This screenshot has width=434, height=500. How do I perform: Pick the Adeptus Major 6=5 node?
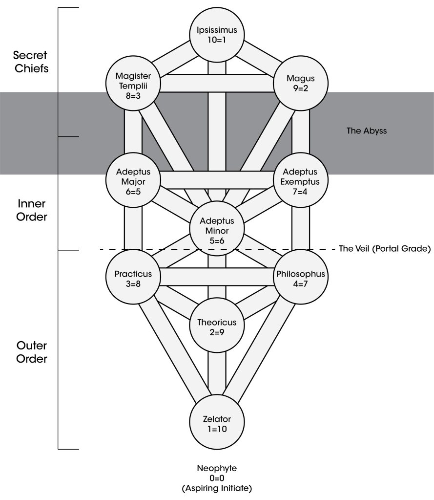[133, 179]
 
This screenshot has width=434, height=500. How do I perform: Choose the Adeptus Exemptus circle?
[301, 179]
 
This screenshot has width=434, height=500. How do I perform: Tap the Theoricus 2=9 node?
[217, 325]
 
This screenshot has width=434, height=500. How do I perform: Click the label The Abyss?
[366, 131]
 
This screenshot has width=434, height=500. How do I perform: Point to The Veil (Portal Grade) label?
[384, 249]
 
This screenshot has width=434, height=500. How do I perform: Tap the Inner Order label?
[32, 210]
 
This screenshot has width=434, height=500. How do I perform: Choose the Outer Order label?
[32, 352]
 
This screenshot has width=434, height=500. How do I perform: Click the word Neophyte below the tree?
[217, 468]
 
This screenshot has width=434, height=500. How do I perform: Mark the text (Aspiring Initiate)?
[217, 488]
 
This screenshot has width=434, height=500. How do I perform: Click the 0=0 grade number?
[217, 478]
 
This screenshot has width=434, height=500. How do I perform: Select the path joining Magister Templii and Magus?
[217, 84]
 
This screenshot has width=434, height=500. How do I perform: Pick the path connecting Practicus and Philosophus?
[217, 277]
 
